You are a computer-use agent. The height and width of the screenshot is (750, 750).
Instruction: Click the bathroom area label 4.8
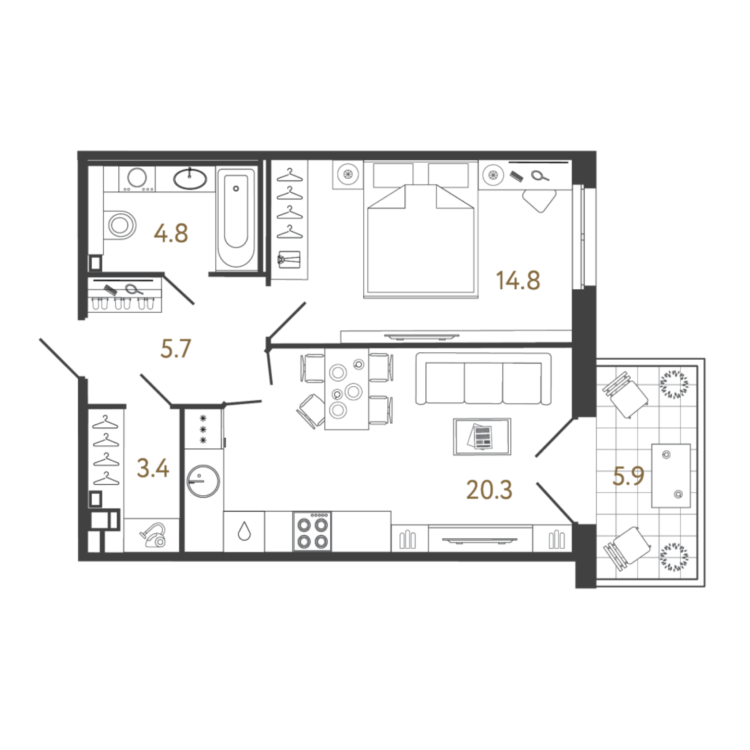coord(171,234)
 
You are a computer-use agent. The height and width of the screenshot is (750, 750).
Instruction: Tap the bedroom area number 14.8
coord(518,281)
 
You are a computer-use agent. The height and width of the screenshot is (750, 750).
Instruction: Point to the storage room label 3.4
coord(153,468)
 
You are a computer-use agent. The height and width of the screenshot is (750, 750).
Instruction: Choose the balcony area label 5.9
coord(628,476)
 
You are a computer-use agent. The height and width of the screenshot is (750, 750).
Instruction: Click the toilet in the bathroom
coord(120,225)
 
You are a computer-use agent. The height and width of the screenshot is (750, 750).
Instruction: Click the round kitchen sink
coord(203,481)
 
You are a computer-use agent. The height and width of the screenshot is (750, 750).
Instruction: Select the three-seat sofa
coord(483,379)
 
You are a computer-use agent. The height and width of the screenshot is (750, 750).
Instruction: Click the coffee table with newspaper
coord(482,436)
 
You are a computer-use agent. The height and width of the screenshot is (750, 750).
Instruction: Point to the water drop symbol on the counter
coord(244,531)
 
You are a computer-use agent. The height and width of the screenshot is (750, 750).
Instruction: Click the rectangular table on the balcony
coord(671,476)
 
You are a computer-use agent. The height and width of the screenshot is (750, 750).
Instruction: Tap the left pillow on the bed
coord(393,174)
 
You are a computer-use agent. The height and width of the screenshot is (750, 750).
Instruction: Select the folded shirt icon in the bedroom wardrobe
coord(289,259)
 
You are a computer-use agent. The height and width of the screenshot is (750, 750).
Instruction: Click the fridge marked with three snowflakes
coord(203,429)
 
